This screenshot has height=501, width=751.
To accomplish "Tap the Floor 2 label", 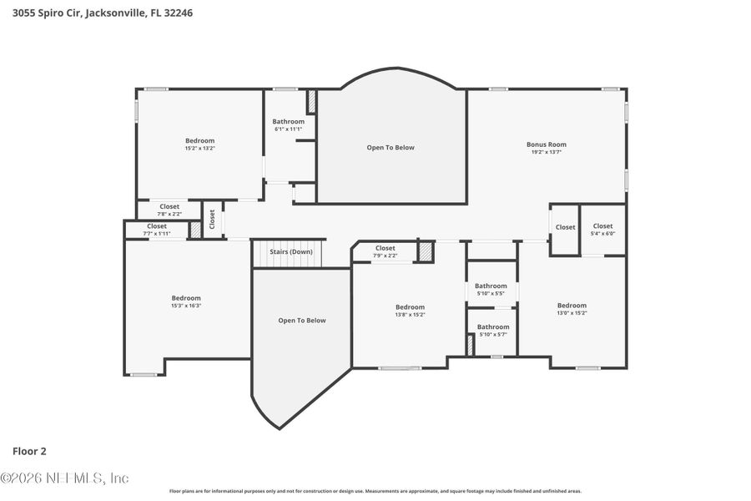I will pos(29,451).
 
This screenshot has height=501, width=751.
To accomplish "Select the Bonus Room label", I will pos(546,144).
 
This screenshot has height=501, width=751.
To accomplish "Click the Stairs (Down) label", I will pos(290,251).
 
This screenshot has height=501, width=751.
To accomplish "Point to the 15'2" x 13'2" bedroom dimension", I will pos(199,149).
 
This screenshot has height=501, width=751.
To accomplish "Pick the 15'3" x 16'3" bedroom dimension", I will pos(186,306).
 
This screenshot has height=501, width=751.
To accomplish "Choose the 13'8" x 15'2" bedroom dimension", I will pos(410,315).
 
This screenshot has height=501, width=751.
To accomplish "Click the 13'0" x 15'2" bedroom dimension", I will pos(572,313).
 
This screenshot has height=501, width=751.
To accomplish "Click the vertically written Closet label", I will pos(212,219).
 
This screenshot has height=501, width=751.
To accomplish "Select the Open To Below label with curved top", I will pos(391,148).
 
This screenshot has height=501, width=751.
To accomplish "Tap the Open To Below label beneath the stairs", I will pos(302,321).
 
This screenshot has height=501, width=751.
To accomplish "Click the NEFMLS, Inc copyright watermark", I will pos(65,478).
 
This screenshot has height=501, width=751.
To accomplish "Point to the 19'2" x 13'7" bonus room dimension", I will pos(546,152).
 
